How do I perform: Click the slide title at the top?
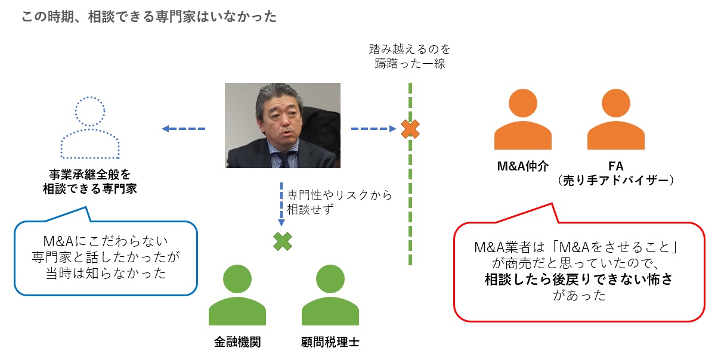[x=148, y=17]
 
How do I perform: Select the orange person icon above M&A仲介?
[x=522, y=121]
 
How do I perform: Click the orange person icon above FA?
[x=615, y=121]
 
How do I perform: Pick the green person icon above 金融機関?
[x=237, y=296]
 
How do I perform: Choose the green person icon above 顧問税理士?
[x=329, y=296]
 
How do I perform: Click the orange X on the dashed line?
[x=410, y=129]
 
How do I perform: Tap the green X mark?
[x=283, y=241]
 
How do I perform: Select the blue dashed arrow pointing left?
[x=184, y=129]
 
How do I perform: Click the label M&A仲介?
[x=522, y=166]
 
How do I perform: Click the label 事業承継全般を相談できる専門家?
[x=90, y=181]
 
